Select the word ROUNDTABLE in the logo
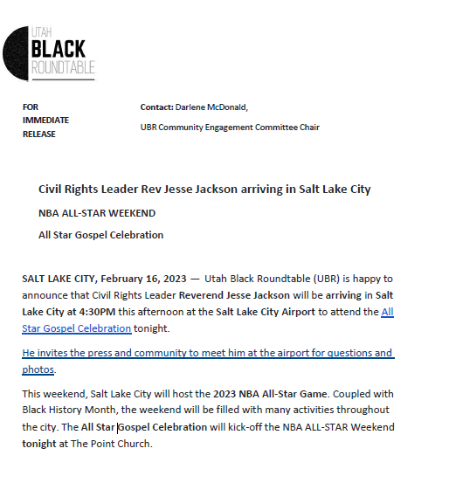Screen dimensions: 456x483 tap(63, 67)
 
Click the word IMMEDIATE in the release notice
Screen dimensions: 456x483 tap(45, 121)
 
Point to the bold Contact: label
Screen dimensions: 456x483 tap(156, 107)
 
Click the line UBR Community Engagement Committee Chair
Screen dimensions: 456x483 tap(230, 128)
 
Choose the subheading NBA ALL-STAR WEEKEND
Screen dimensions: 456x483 tap(97, 213)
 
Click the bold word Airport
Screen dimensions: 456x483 tap(290, 312)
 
